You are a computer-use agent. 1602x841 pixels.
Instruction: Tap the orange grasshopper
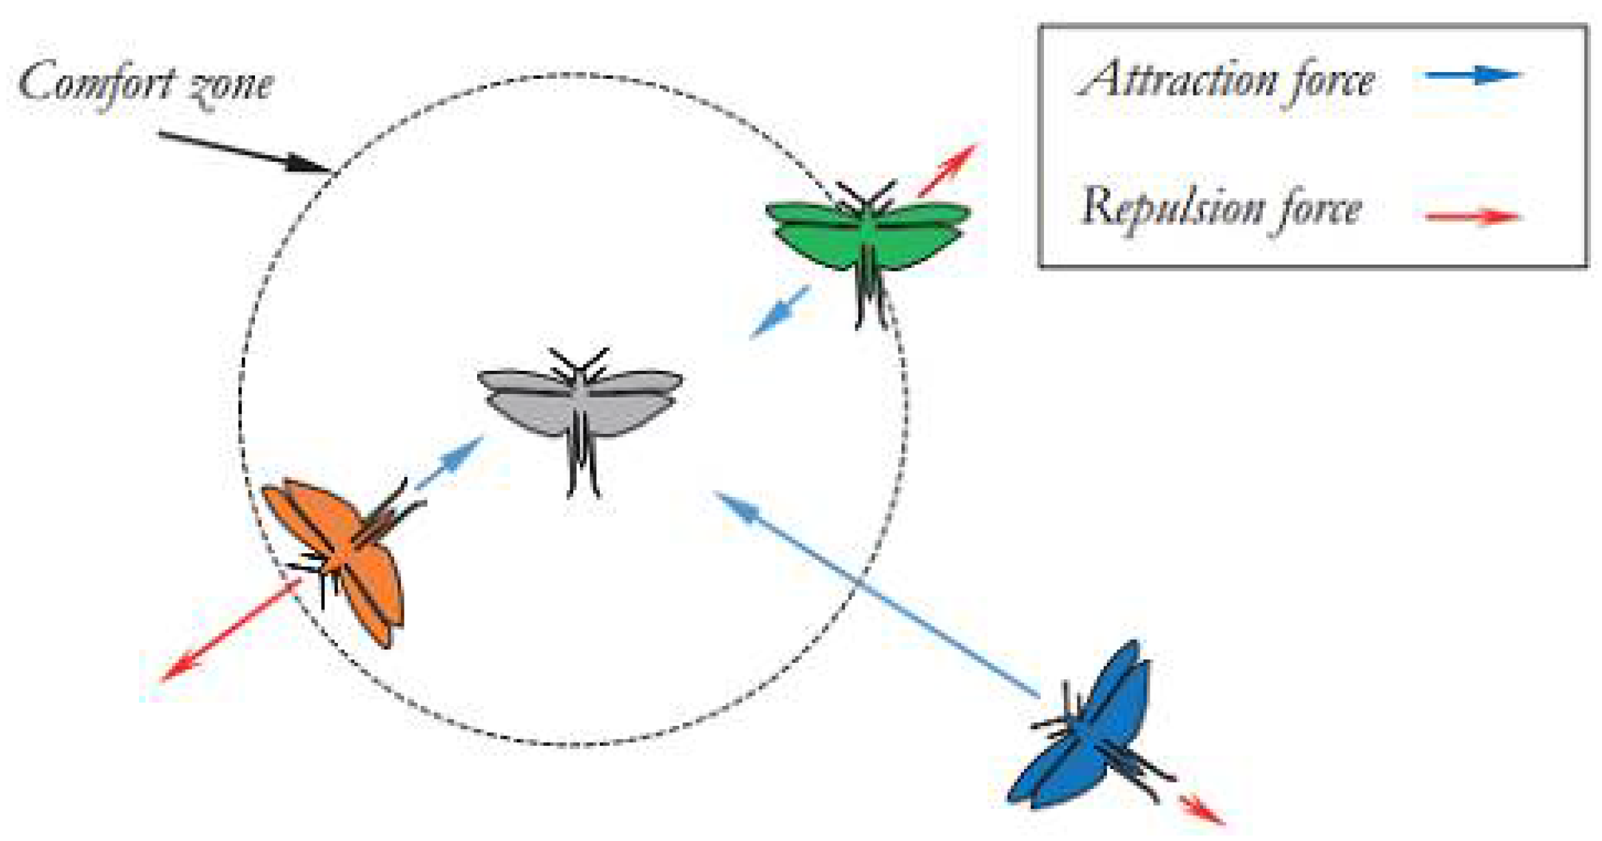[339, 555]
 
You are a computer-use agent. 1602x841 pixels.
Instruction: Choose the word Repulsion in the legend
[1172, 207]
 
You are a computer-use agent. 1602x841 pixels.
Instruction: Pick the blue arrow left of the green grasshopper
[780, 312]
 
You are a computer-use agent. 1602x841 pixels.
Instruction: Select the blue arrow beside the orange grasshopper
[450, 463]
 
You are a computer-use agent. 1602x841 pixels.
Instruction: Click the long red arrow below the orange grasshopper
[230, 631]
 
